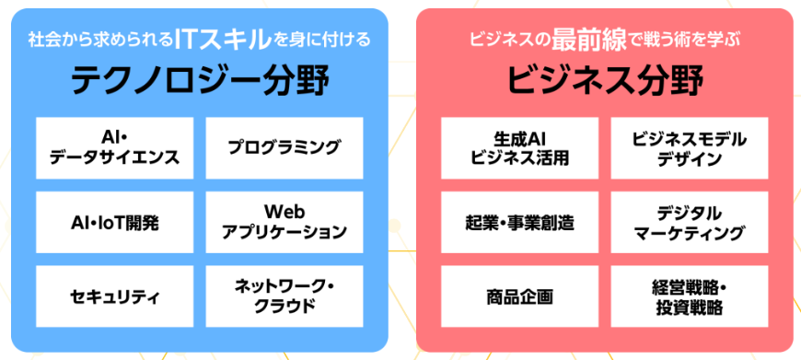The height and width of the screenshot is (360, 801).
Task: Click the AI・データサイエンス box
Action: click(x=115, y=148)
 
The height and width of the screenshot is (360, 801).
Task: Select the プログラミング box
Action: click(x=284, y=148)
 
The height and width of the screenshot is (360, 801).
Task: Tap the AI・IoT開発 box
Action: click(x=115, y=222)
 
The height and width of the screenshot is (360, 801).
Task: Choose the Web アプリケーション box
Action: click(x=284, y=222)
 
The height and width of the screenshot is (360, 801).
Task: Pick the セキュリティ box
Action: click(x=115, y=296)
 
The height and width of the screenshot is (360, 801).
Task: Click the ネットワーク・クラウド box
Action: click(x=284, y=296)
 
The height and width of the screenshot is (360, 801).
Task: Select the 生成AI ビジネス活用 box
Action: click(x=519, y=148)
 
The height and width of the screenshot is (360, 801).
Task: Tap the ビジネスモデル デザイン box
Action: click(x=689, y=148)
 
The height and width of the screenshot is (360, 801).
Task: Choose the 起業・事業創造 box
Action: click(x=519, y=222)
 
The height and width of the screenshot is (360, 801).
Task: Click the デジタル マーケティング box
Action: click(x=689, y=222)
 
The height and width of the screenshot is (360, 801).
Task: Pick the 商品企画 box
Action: click(x=519, y=296)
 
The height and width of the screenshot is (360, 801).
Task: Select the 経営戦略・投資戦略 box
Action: click(x=689, y=296)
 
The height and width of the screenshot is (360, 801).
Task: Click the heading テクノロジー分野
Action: click(x=200, y=81)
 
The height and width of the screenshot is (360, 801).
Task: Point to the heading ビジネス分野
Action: click(x=605, y=81)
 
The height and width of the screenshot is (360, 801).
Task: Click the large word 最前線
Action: click(x=588, y=40)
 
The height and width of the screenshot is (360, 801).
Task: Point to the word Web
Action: click(x=284, y=212)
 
